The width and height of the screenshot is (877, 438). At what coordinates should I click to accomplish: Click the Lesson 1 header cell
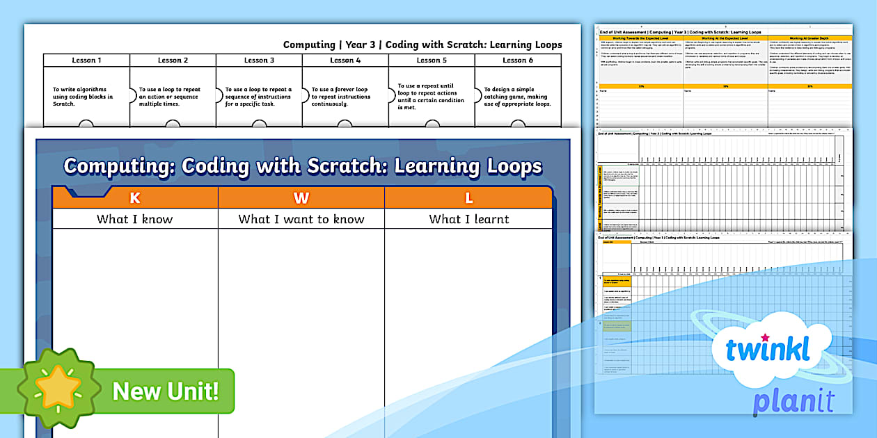click(86, 60)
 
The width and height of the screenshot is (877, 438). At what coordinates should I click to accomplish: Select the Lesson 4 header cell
click(345, 60)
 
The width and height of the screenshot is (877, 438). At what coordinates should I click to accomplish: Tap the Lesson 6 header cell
click(518, 60)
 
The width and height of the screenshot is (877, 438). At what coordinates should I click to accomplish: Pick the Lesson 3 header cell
click(259, 60)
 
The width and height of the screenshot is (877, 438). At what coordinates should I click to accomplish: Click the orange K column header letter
click(135, 198)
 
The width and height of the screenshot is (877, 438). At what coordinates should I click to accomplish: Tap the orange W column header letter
click(301, 198)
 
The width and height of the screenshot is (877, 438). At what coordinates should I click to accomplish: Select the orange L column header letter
click(468, 198)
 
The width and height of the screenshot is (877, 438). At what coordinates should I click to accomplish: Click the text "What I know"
click(135, 220)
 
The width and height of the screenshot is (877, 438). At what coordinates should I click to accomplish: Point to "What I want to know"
click(301, 220)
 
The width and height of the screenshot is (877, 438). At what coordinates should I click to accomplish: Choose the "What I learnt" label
click(468, 220)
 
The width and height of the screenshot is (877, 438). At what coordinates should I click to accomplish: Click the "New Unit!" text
click(166, 391)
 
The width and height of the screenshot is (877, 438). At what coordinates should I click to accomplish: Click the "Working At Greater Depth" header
click(810, 38)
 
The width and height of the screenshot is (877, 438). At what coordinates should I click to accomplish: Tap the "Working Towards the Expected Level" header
click(640, 38)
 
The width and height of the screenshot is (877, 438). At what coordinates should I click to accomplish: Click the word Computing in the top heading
click(309, 44)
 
